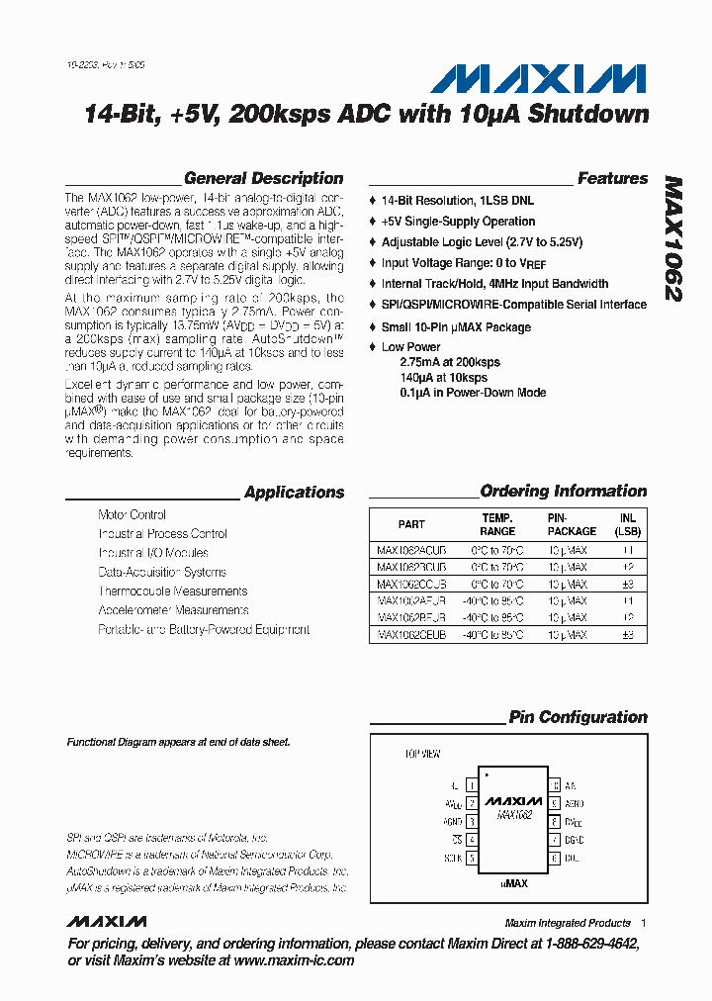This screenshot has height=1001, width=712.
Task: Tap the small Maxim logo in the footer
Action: click(x=106, y=922)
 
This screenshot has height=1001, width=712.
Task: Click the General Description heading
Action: click(x=263, y=179)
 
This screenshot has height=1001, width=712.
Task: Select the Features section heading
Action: click(x=612, y=179)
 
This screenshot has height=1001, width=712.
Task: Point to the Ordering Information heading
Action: click(x=563, y=492)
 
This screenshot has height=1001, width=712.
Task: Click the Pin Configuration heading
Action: click(x=578, y=717)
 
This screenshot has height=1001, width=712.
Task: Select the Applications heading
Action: click(x=294, y=493)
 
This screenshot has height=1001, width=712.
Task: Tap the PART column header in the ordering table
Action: click(x=411, y=524)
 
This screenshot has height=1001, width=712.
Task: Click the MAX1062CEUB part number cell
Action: click(x=411, y=634)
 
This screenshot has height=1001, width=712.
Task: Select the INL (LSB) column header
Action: click(x=627, y=524)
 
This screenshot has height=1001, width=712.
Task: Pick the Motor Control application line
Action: click(x=133, y=515)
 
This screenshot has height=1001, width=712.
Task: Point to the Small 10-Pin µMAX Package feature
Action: click(x=456, y=327)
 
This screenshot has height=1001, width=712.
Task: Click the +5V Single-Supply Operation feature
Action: click(x=458, y=222)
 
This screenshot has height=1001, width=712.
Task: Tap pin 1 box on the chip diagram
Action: click(x=471, y=784)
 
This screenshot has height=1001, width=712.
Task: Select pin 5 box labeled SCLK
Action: click(x=471, y=858)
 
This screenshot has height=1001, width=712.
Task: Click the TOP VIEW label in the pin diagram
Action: click(x=421, y=754)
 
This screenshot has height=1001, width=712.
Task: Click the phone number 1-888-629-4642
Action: click(x=579, y=945)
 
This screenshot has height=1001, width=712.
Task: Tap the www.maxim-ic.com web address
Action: click(x=294, y=960)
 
